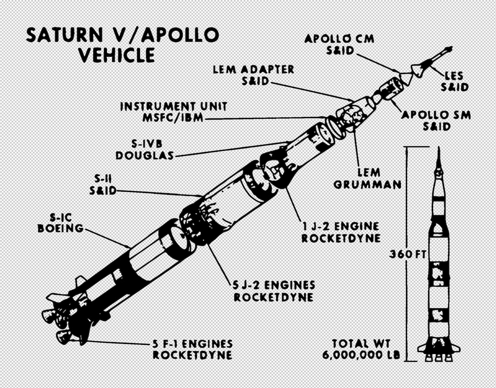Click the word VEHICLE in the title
pyautogui.click(x=116, y=55)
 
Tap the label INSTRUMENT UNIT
pyautogui.click(x=174, y=106)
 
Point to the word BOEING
pyautogui.click(x=61, y=228)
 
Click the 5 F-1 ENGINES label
pyautogui.click(x=192, y=344)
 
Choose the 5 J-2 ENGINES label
pyautogui.click(x=274, y=285)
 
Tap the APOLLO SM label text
pyautogui.click(x=436, y=115)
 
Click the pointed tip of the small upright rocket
pyautogui.click(x=438, y=149)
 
